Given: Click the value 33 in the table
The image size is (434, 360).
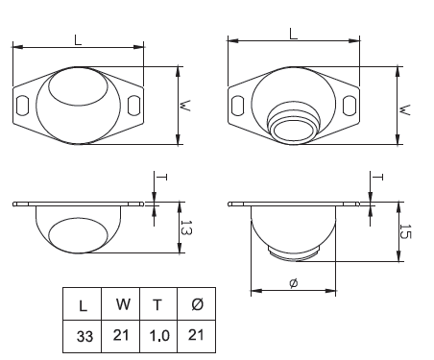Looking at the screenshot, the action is tap(84, 336).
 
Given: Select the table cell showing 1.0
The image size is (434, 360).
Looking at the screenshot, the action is tap(159, 336).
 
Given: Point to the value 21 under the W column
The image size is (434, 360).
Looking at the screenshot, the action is tap(121, 335).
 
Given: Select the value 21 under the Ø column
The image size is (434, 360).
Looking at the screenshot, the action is tap(196, 335).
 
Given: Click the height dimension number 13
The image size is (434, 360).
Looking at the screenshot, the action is tap(186, 228).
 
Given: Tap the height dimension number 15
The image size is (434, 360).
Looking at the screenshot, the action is tap(405, 231).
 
